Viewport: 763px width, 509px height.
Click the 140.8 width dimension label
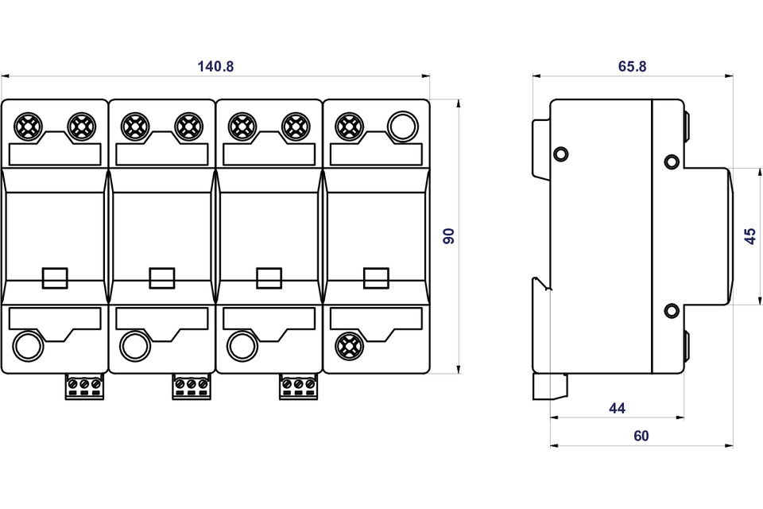pos(216,67)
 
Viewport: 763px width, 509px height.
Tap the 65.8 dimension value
pos(632,67)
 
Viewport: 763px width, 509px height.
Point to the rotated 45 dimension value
pos(750,235)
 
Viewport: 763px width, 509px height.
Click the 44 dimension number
pos(617,409)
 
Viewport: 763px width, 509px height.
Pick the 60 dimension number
pos(641,436)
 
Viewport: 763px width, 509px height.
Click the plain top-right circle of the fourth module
pos(401,126)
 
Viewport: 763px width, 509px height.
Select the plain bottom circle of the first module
pos(28,345)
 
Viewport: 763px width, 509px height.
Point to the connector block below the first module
pos(83,387)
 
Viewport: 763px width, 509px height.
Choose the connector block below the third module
pos(298,387)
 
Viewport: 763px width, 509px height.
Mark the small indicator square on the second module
pos(161,278)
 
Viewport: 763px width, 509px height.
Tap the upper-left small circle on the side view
pos(560,153)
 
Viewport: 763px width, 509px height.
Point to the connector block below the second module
pos(191,387)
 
